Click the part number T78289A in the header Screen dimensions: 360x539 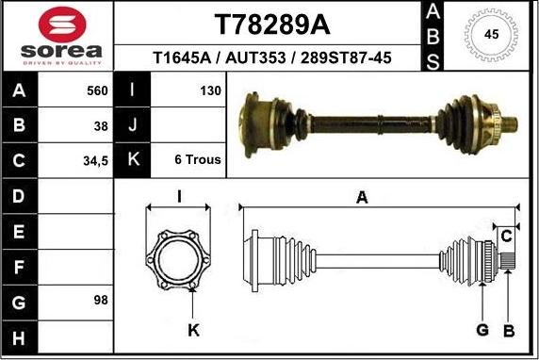[267, 23]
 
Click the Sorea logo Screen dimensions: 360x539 [57, 36]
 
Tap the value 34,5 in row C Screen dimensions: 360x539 [95, 160]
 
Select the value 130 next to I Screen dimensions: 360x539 [210, 91]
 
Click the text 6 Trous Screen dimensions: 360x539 [198, 159]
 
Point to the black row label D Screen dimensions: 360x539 [20, 196]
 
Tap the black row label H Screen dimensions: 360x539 [20, 335]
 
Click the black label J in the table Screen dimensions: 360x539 [132, 125]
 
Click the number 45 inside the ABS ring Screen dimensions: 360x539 [491, 35]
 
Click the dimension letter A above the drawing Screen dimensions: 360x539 [361, 197]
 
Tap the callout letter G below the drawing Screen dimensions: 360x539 [482, 329]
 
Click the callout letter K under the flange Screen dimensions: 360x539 [193, 329]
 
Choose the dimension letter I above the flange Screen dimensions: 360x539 [179, 196]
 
